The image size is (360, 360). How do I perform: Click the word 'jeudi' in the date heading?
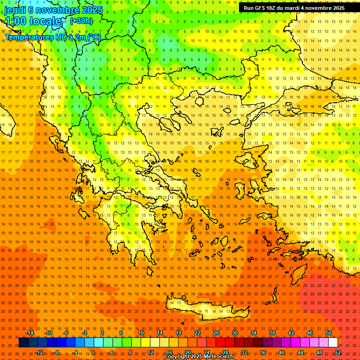tap(15, 10)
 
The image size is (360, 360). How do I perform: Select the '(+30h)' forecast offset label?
tap(81, 21)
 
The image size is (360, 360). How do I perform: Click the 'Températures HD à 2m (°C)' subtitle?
tap(52, 37)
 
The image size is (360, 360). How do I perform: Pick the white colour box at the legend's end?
tap(333, 343)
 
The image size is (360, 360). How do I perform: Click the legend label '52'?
tap(338, 352)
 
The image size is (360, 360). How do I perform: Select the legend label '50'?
tap(329, 333)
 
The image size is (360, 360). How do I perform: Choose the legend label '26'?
tap(216, 333)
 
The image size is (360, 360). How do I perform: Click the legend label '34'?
tap(254, 333)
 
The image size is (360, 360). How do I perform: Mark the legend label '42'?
tap(291, 333)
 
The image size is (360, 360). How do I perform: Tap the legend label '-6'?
tap(66, 333)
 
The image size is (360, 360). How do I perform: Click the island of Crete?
tap(202, 309)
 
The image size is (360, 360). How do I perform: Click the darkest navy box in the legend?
tap(23, 343)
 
